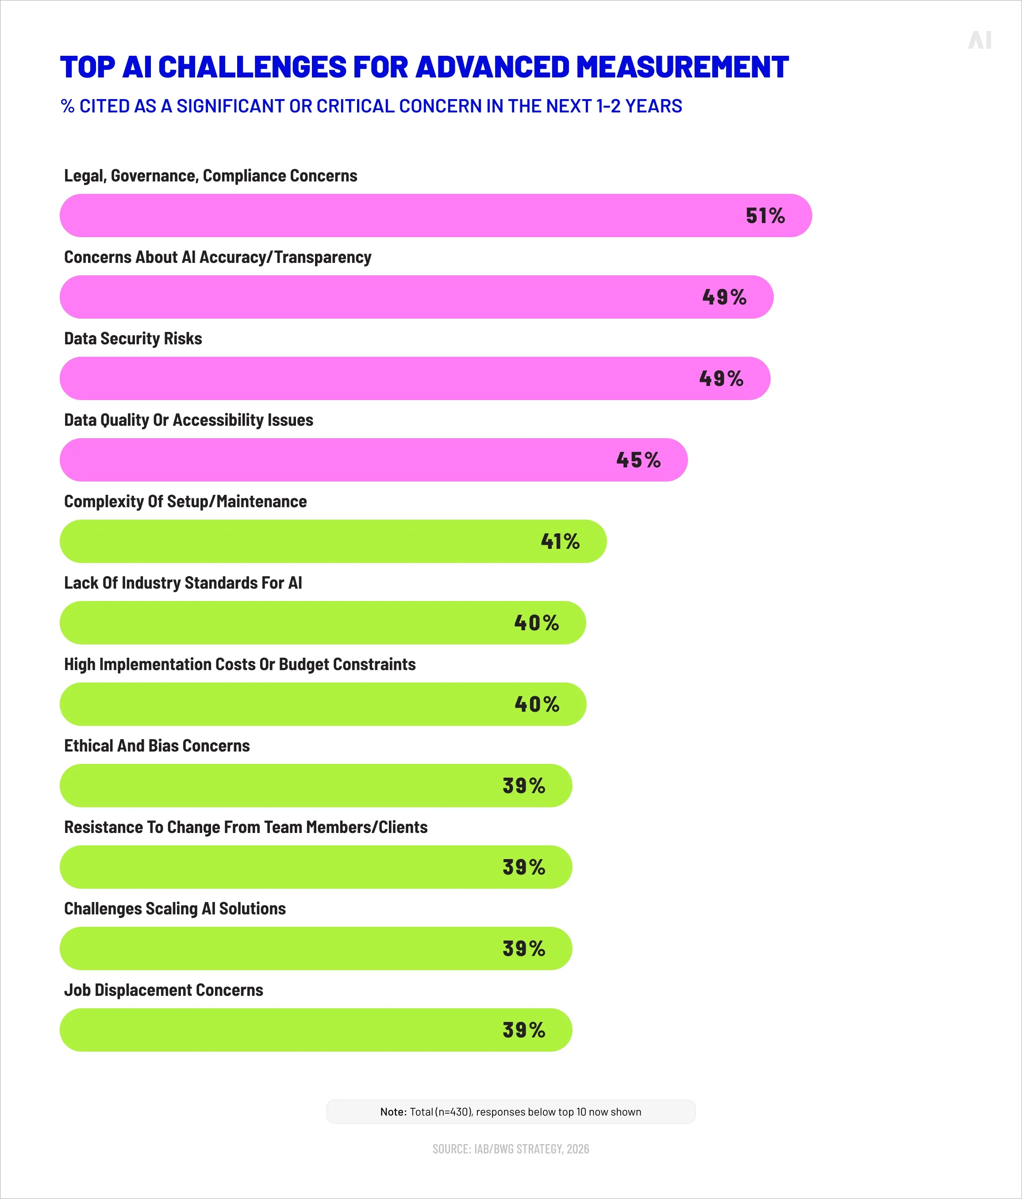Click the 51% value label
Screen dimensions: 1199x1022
tap(765, 216)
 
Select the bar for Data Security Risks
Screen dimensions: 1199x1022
tap(415, 378)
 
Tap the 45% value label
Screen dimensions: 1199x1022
tap(638, 460)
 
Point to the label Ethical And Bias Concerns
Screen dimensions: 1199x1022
tap(157, 745)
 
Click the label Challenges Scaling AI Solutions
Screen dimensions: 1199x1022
tap(175, 909)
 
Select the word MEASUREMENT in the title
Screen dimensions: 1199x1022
tap(683, 67)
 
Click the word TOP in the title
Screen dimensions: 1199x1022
tap(88, 67)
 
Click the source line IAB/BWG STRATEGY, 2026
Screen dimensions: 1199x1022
tap(511, 1149)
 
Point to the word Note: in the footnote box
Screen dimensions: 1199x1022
tap(393, 1112)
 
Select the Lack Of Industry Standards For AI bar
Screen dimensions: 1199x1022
tap(322, 623)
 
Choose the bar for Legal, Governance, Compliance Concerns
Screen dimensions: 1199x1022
tap(435, 216)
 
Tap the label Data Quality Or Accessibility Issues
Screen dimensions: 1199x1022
tap(188, 420)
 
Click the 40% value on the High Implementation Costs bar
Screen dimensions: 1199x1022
tap(537, 704)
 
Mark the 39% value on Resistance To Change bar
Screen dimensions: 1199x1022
tap(523, 867)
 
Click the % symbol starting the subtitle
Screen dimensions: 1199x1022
tap(68, 107)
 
